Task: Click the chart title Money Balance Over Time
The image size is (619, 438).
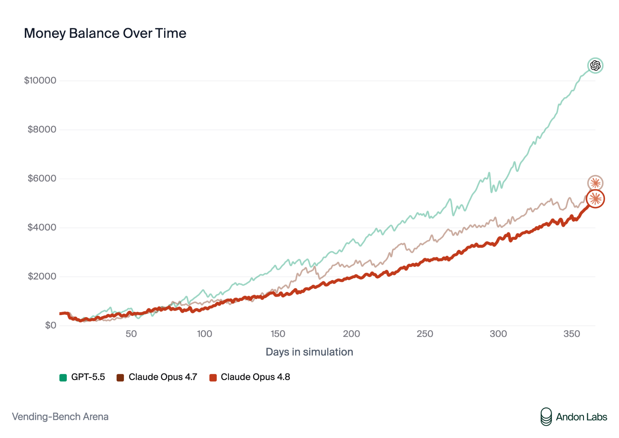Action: [x=105, y=33]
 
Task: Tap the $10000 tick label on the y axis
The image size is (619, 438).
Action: [x=40, y=80]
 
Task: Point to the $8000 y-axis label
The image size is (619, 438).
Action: [x=42, y=129]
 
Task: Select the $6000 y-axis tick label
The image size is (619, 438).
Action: [x=42, y=178]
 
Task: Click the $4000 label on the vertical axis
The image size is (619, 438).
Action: [x=42, y=228]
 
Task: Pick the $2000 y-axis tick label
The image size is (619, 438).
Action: [x=42, y=276]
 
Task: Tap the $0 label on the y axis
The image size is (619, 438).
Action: [x=51, y=325]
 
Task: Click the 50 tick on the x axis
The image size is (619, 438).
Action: [x=131, y=334]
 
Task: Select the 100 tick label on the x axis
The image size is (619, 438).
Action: [x=205, y=334]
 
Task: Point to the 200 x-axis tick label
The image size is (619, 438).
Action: [x=351, y=334]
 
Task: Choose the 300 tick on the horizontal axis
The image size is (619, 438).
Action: [x=498, y=334]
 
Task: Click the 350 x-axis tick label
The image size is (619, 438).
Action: [x=572, y=334]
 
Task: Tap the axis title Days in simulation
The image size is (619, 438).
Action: [x=309, y=352]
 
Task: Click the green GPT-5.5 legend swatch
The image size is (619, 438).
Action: [x=63, y=378]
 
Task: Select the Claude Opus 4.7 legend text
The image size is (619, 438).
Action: [x=163, y=377]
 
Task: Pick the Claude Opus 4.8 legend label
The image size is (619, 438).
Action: [x=255, y=377]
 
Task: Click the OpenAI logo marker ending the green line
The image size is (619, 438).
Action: [x=595, y=66]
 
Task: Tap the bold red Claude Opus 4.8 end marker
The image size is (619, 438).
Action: [x=595, y=199]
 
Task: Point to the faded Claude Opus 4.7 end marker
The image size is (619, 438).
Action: [x=595, y=183]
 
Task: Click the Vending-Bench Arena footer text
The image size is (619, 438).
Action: [x=60, y=417]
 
